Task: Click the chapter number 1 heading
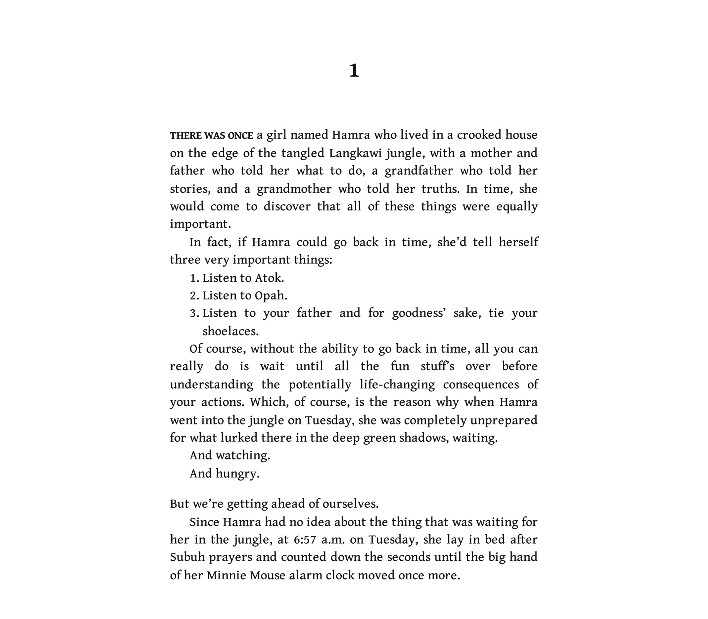pyautogui.click(x=354, y=70)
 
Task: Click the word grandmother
pyautogui.click(x=294, y=189)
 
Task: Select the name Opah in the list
pyautogui.click(x=271, y=296)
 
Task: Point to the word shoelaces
pyautogui.click(x=230, y=331)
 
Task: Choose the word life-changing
pyautogui.click(x=397, y=384)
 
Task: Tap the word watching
pyautogui.click(x=243, y=455)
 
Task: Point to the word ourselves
pyautogui.click(x=350, y=504)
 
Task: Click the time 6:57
pyautogui.click(x=305, y=539)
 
